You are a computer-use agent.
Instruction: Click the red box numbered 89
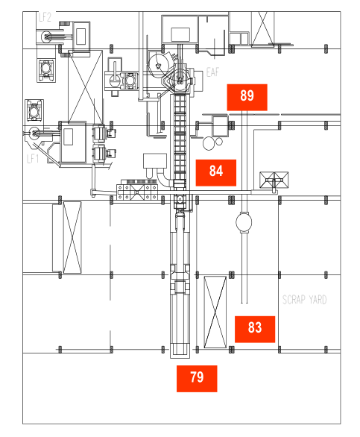tap(247, 97)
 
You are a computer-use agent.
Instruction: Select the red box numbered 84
tap(216, 173)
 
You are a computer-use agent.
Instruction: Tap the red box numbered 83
tap(255, 329)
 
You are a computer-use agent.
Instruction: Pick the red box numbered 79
tap(197, 379)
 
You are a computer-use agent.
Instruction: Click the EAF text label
tap(212, 72)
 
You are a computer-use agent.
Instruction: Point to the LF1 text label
tap(33, 159)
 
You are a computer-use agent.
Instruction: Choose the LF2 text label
tap(45, 17)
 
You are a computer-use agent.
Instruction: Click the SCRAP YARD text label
tap(304, 300)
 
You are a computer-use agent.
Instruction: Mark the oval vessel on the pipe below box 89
tap(244, 222)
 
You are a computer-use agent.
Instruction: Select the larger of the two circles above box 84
tap(209, 143)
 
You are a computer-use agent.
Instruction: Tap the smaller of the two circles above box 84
tap(219, 142)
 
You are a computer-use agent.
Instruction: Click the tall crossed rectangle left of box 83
tap(215, 312)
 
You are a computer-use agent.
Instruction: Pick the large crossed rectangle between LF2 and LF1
tap(86, 87)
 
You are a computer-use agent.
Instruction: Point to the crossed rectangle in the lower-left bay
tap(72, 237)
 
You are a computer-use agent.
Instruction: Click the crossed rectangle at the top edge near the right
tap(262, 28)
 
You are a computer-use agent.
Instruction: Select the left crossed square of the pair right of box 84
tap(267, 180)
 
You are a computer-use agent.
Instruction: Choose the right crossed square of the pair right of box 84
tap(281, 180)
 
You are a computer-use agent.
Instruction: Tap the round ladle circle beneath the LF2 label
tap(46, 37)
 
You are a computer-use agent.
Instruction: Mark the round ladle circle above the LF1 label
tap(34, 133)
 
